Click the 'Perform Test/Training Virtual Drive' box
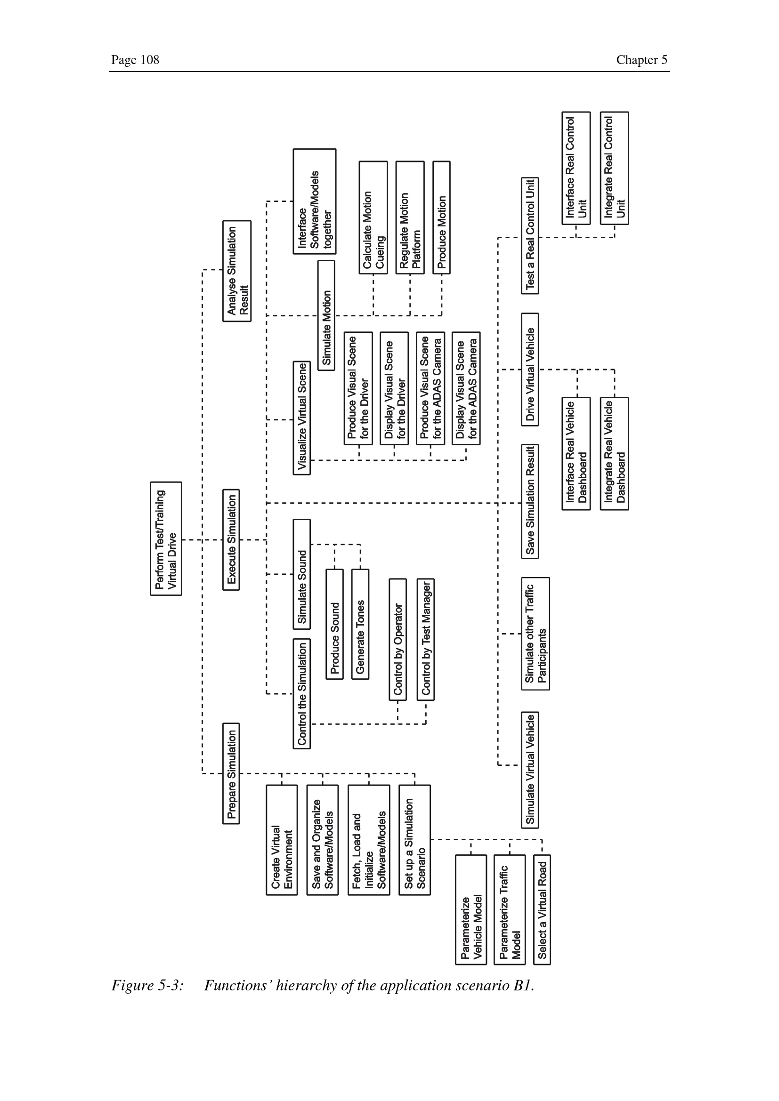click(x=166, y=538)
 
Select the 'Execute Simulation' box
click(x=231, y=539)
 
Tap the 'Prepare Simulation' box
click(x=231, y=773)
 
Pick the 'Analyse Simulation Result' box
click(x=237, y=271)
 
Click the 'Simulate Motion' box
click(x=326, y=315)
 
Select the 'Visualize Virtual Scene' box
click(x=302, y=418)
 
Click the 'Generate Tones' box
click(x=360, y=624)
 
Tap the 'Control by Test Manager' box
click(x=426, y=639)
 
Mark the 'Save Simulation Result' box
click(x=530, y=502)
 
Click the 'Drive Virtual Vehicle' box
click(x=530, y=370)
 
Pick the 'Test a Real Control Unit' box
click(x=530, y=235)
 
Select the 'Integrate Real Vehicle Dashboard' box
click(x=615, y=454)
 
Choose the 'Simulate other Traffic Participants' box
click(x=536, y=634)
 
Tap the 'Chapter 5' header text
click(x=641, y=60)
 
